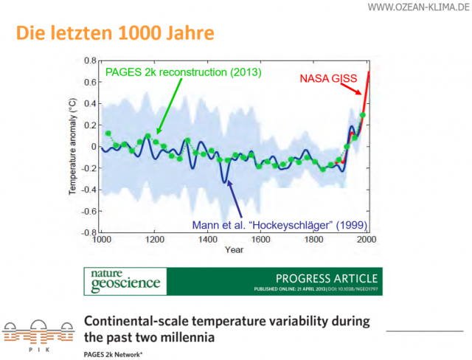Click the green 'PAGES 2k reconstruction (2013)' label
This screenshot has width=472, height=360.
tap(184, 73)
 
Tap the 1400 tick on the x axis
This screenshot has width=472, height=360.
tap(207, 240)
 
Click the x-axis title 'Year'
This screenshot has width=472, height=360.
tap(234, 249)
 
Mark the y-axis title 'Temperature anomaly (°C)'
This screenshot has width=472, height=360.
tap(73, 146)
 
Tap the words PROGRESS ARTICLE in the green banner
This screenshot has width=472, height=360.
tap(327, 278)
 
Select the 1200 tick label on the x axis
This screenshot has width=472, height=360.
tap(153, 240)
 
